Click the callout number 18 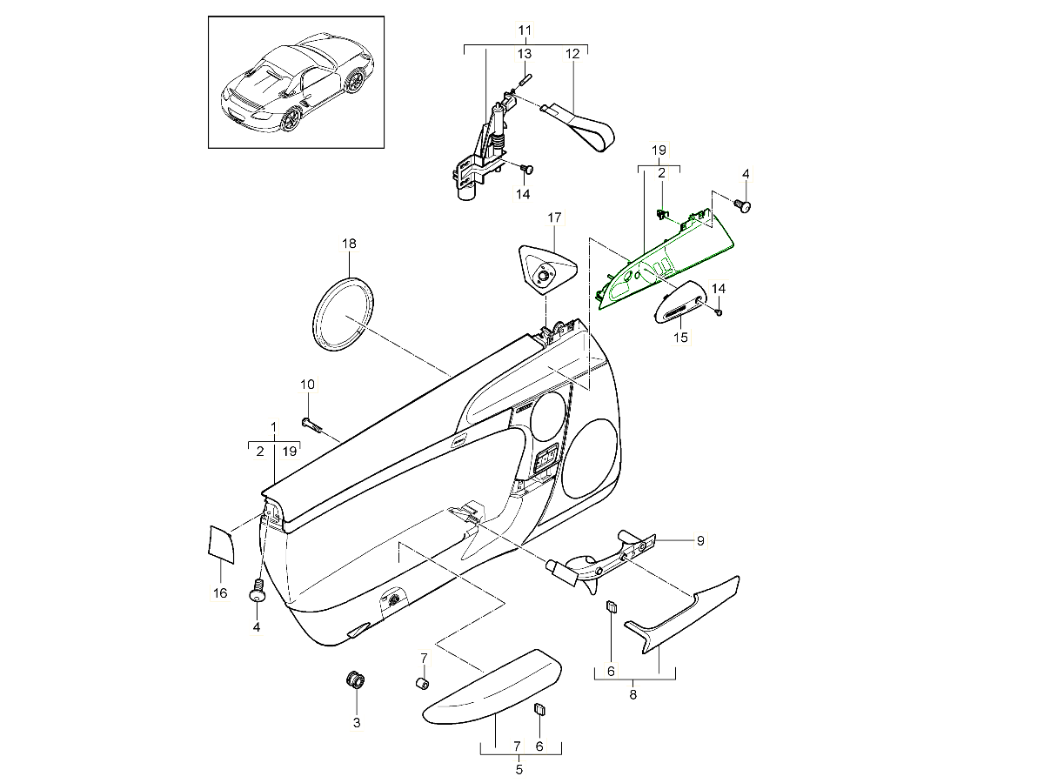(349, 244)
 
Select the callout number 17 (554, 217)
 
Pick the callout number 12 (572, 54)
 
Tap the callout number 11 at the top (524, 30)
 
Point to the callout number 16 (220, 593)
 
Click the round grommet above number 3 (356, 679)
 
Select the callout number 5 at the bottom (519, 769)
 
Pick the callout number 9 (699, 540)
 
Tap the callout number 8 (633, 694)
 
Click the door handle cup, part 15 (684, 303)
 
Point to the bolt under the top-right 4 (744, 206)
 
